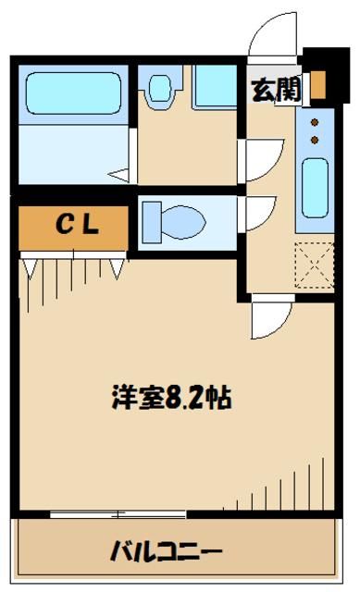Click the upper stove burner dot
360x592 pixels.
tap(314, 121)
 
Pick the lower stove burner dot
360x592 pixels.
tap(314, 139)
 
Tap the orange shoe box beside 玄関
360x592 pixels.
tap(317, 85)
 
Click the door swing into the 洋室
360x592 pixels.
tap(268, 320)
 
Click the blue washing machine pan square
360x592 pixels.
tap(216, 88)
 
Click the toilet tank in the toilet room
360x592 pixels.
tap(150, 222)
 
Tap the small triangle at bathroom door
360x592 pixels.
tap(118, 173)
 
